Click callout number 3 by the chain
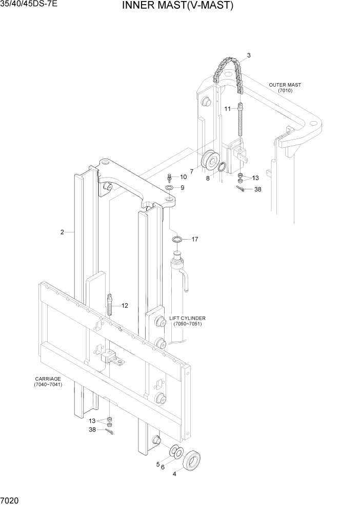tap(249, 55)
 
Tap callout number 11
tap(228, 109)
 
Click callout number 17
tap(195, 239)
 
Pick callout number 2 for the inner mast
tap(62, 232)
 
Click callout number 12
tap(125, 305)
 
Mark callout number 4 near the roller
tap(174, 474)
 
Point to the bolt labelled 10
tap(169, 178)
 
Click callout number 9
tap(182, 188)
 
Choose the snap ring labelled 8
tap(222, 167)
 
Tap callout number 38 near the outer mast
tap(257, 189)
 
